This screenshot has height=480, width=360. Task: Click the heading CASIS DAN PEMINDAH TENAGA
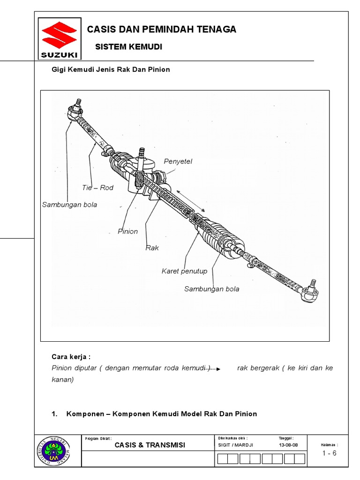click(162, 30)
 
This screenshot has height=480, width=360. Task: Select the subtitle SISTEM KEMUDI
click(128, 47)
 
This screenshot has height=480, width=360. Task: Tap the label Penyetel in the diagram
click(178, 161)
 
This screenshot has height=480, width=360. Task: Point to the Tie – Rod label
click(97, 187)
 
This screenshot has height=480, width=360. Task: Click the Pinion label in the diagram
click(127, 231)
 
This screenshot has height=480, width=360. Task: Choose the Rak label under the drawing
click(152, 247)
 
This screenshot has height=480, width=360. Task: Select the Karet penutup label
click(184, 271)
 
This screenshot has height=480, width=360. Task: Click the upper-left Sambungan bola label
click(69, 204)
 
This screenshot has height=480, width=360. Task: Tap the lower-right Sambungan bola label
click(211, 289)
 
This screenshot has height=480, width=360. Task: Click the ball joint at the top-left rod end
click(75, 111)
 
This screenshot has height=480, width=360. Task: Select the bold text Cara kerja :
click(70, 356)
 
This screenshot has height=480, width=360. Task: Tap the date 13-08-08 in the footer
click(288, 445)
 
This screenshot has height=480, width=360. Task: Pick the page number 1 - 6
click(329, 453)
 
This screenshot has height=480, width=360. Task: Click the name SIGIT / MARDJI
click(235, 445)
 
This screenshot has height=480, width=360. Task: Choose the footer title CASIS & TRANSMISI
click(150, 445)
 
